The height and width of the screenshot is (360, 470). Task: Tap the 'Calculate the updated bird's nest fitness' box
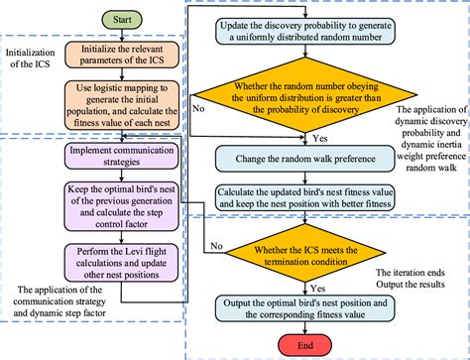tap(303, 196)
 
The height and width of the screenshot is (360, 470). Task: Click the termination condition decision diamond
tap(303, 252)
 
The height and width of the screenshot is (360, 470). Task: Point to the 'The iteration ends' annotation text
tap(414, 271)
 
